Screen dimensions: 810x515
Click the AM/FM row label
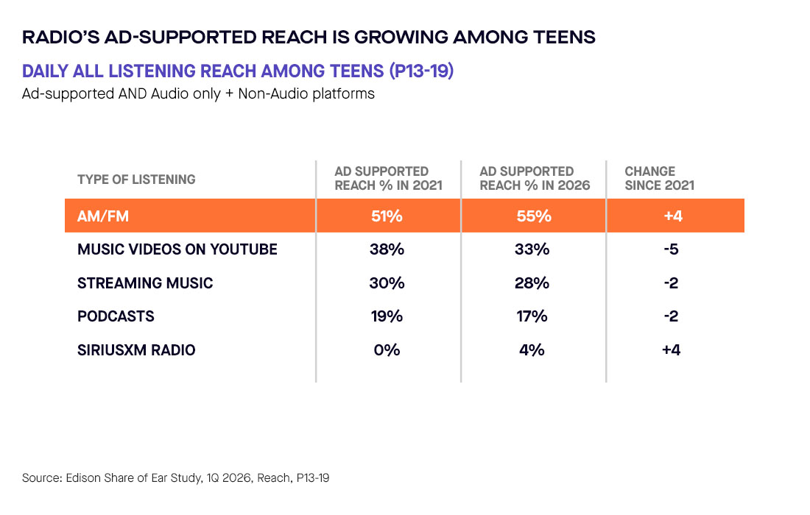[103, 216]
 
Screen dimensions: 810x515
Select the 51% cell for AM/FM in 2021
[387, 216]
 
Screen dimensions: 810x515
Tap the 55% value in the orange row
[534, 216]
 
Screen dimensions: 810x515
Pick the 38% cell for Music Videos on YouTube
[387, 249]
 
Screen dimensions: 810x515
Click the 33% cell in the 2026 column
[532, 249]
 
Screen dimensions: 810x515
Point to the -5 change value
[671, 249]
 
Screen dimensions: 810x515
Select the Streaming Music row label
[145, 283]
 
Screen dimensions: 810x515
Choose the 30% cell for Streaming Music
[387, 283]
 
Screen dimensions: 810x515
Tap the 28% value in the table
[532, 283]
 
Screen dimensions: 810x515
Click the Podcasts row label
[116, 316]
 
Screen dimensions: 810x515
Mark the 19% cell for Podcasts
[387, 316]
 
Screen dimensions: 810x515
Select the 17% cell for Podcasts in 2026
[532, 316]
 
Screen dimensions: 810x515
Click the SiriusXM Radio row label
[136, 350]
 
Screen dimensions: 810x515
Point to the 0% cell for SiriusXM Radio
[387, 350]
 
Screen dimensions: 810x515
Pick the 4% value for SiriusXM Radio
[532, 350]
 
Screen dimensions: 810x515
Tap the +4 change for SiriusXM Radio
[671, 350]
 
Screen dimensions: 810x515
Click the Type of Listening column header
[136, 179]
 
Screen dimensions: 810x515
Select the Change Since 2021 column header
[660, 178]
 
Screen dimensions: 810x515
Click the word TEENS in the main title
[564, 38]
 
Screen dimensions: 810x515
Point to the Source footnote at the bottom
[176, 477]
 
